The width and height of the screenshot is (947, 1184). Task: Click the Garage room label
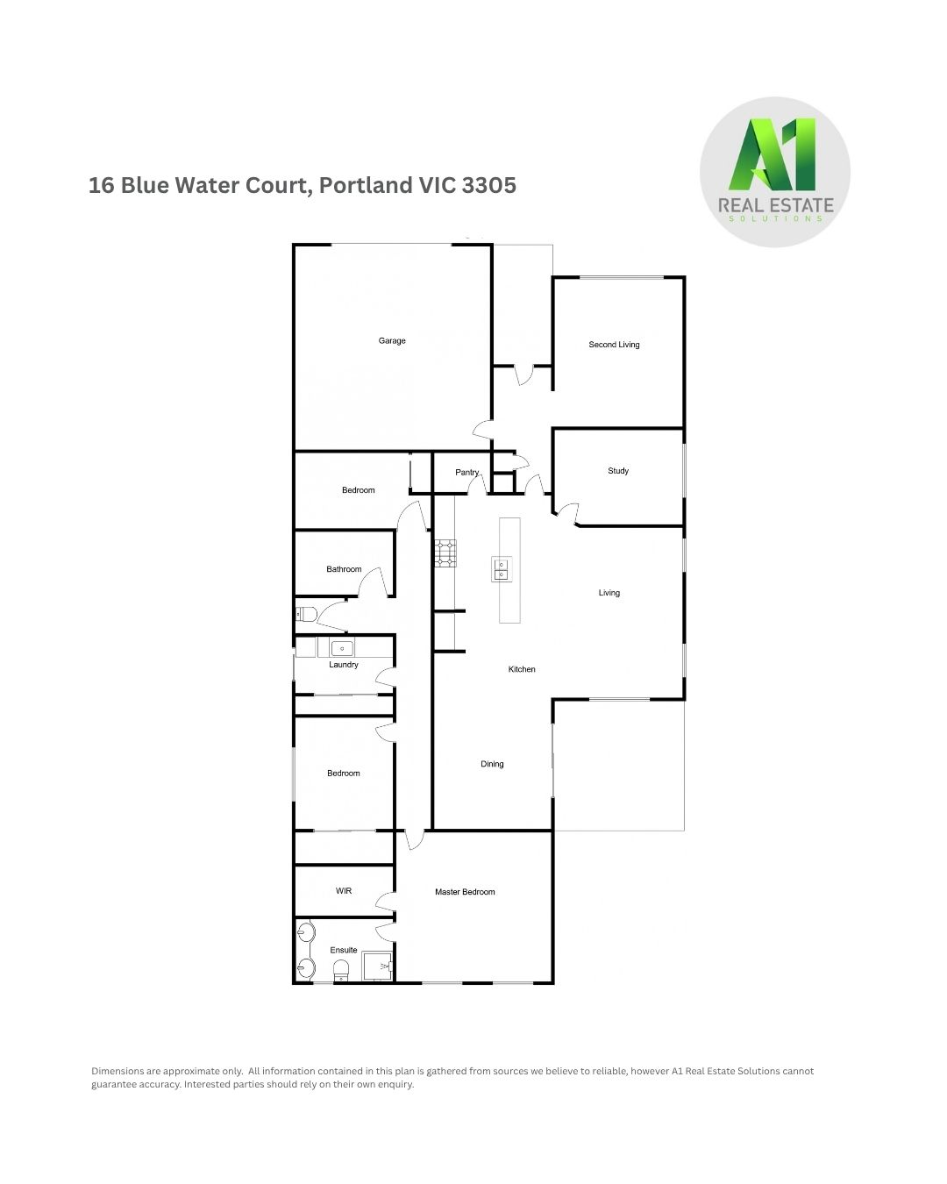(392, 340)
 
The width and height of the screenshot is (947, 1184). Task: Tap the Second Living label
(614, 345)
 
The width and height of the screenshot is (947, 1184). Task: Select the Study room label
(618, 471)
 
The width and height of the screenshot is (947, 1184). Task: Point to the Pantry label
(467, 472)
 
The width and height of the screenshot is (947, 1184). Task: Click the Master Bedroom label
(465, 892)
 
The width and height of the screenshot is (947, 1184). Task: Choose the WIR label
(344, 891)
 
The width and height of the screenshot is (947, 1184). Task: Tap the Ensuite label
(344, 950)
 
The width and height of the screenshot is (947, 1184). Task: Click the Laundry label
(344, 665)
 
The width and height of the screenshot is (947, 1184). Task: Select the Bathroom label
(344, 569)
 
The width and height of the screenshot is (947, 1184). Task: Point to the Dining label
(492, 764)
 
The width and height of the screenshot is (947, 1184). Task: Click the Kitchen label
(522, 669)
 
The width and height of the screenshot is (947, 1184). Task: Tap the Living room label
(609, 593)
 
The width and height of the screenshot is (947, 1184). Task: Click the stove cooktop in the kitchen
(445, 553)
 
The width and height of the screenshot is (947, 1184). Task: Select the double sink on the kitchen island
(502, 569)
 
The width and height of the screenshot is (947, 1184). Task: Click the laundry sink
(342, 649)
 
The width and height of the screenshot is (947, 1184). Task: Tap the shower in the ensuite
(377, 966)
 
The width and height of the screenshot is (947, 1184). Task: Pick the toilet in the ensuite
(341, 971)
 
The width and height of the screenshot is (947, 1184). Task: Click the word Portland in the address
(367, 185)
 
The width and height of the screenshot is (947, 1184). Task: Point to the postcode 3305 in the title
(488, 185)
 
